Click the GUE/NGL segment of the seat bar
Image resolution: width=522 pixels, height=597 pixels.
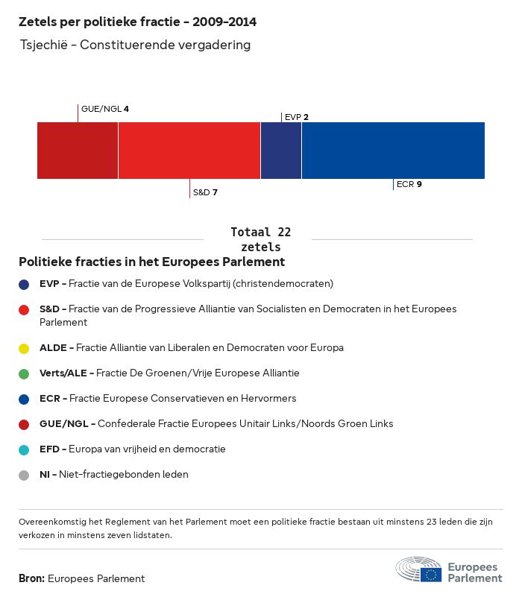[78, 151]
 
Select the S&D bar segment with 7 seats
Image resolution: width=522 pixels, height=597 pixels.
[189, 151]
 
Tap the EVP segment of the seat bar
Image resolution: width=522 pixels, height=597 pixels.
[281, 151]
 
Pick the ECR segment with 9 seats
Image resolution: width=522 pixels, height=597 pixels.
[393, 151]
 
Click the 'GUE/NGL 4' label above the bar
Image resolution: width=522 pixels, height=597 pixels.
[104, 109]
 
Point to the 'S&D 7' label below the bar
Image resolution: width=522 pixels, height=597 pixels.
[205, 192]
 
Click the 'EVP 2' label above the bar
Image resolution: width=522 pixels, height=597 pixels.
[296, 117]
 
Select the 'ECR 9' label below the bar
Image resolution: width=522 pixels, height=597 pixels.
[409, 183]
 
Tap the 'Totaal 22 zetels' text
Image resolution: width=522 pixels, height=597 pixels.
[261, 239]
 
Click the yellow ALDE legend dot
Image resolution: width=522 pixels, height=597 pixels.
[25, 348]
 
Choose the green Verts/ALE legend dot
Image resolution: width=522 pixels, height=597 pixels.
[25, 373]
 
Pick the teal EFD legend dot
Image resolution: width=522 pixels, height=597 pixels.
[25, 449]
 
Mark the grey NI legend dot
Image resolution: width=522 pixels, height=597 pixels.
[25, 475]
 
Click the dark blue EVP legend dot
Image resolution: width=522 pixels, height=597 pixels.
[25, 284]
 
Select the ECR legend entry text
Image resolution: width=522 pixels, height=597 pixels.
[168, 398]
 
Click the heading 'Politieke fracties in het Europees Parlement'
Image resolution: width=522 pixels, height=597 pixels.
[151, 262]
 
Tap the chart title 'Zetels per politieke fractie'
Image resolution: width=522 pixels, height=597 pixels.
[142, 22]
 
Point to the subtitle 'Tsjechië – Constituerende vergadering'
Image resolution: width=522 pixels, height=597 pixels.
[136, 45]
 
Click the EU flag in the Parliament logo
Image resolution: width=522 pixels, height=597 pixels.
[431, 574]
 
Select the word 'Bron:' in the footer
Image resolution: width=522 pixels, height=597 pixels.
[31, 578]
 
